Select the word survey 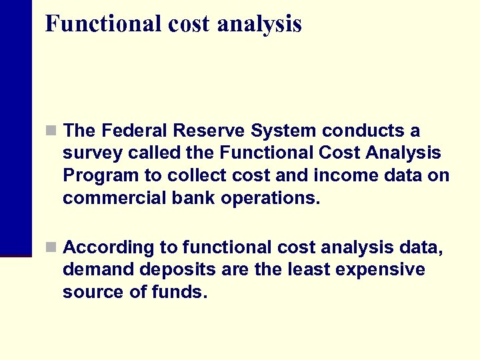click(x=90, y=153)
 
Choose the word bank click(x=190, y=198)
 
